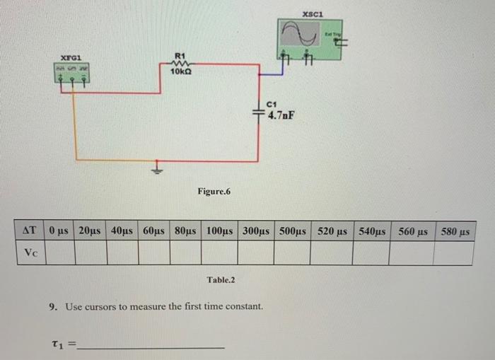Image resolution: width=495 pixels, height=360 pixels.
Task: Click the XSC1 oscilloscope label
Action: tap(312, 14)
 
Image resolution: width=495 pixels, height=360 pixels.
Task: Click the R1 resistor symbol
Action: tap(179, 62)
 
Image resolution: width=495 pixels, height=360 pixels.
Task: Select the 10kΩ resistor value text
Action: tap(180, 71)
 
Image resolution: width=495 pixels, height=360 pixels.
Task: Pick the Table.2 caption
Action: tap(221, 280)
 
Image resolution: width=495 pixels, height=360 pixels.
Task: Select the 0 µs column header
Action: tap(59, 231)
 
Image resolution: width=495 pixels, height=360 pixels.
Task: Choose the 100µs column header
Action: tap(221, 231)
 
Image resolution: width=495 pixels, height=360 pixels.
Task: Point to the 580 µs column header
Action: tap(454, 231)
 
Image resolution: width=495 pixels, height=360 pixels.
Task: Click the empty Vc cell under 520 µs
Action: tap(332, 252)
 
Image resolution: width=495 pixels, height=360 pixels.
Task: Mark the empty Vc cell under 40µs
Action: tap(122, 252)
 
